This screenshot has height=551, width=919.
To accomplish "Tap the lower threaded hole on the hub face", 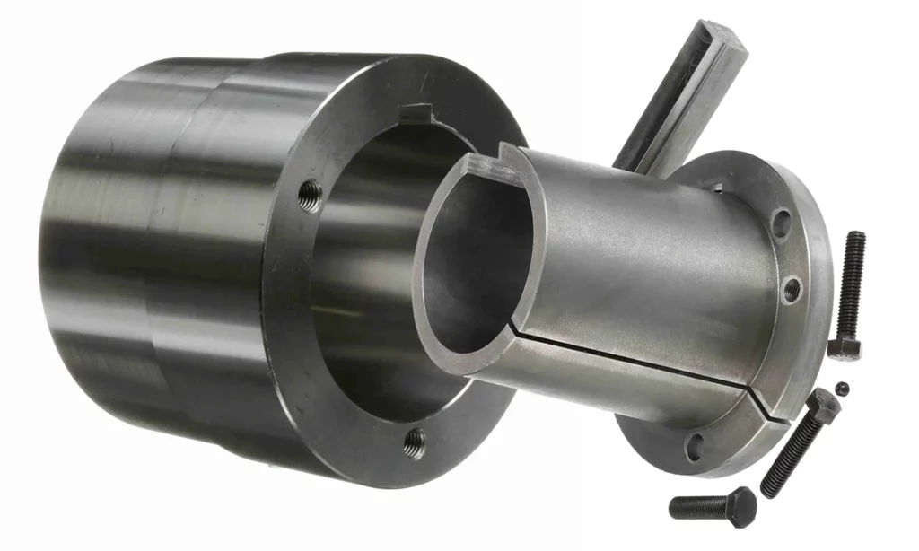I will pos(414,440).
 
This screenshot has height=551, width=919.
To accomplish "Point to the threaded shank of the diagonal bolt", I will pos(787,458).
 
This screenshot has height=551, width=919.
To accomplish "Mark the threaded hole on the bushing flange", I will pos(791,288).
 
